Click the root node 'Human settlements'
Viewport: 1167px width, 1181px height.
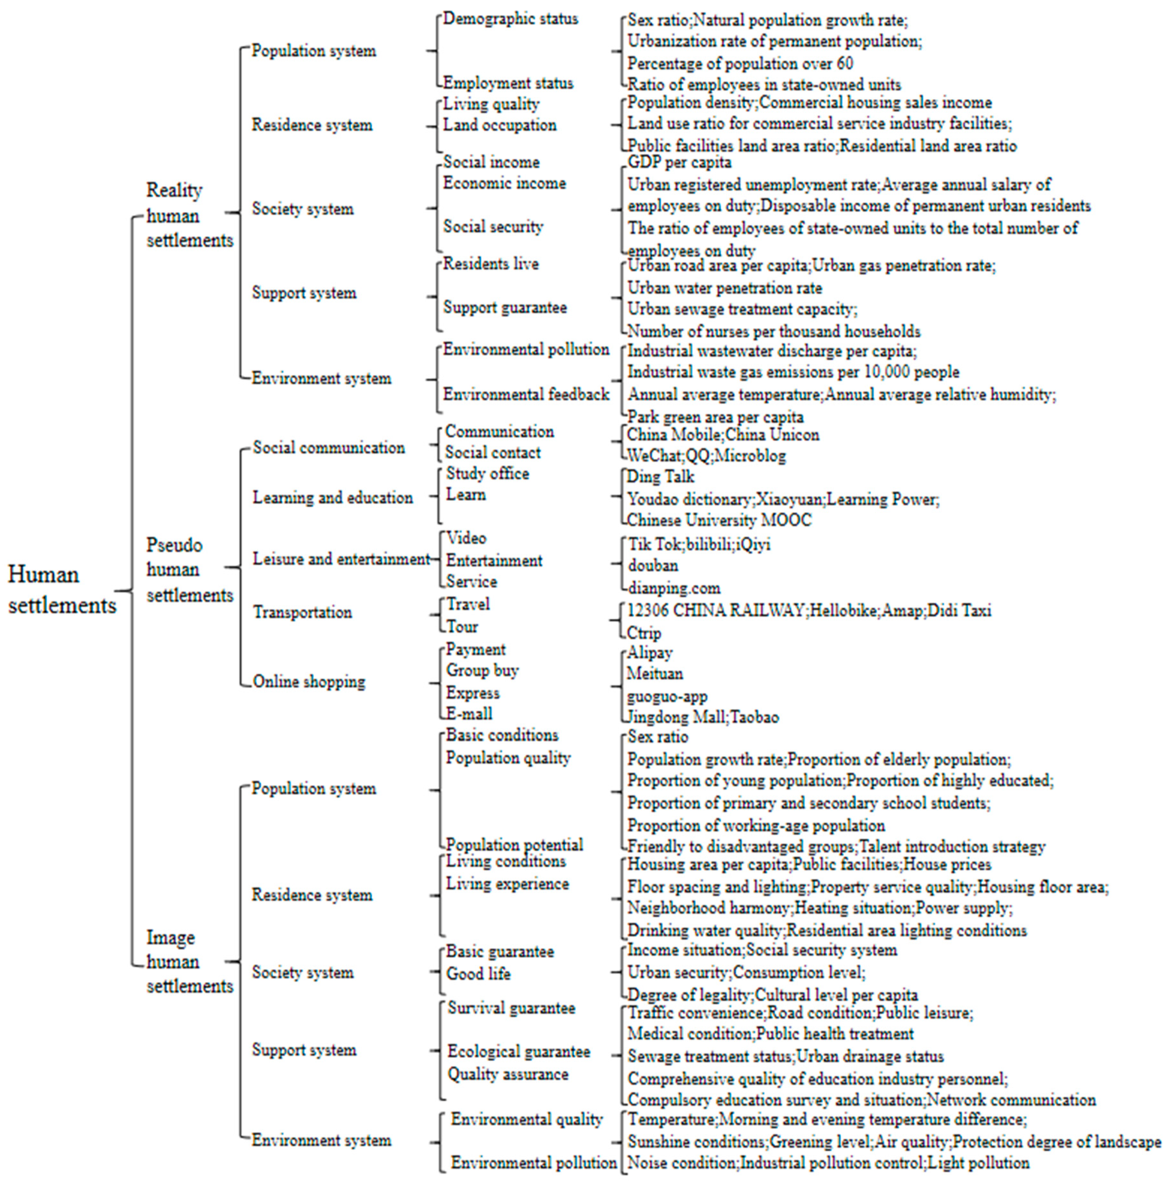62,590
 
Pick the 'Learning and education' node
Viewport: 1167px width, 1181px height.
333,498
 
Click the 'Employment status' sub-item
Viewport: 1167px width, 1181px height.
508,83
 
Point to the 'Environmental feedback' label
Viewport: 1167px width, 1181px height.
526,394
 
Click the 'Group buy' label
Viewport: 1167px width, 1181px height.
482,670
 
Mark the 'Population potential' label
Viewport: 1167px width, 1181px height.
514,844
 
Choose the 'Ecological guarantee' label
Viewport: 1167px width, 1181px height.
519,1051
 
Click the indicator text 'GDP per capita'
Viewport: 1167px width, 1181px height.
679,162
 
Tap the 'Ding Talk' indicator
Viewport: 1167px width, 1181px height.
661,476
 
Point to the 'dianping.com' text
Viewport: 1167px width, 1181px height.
674,588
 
